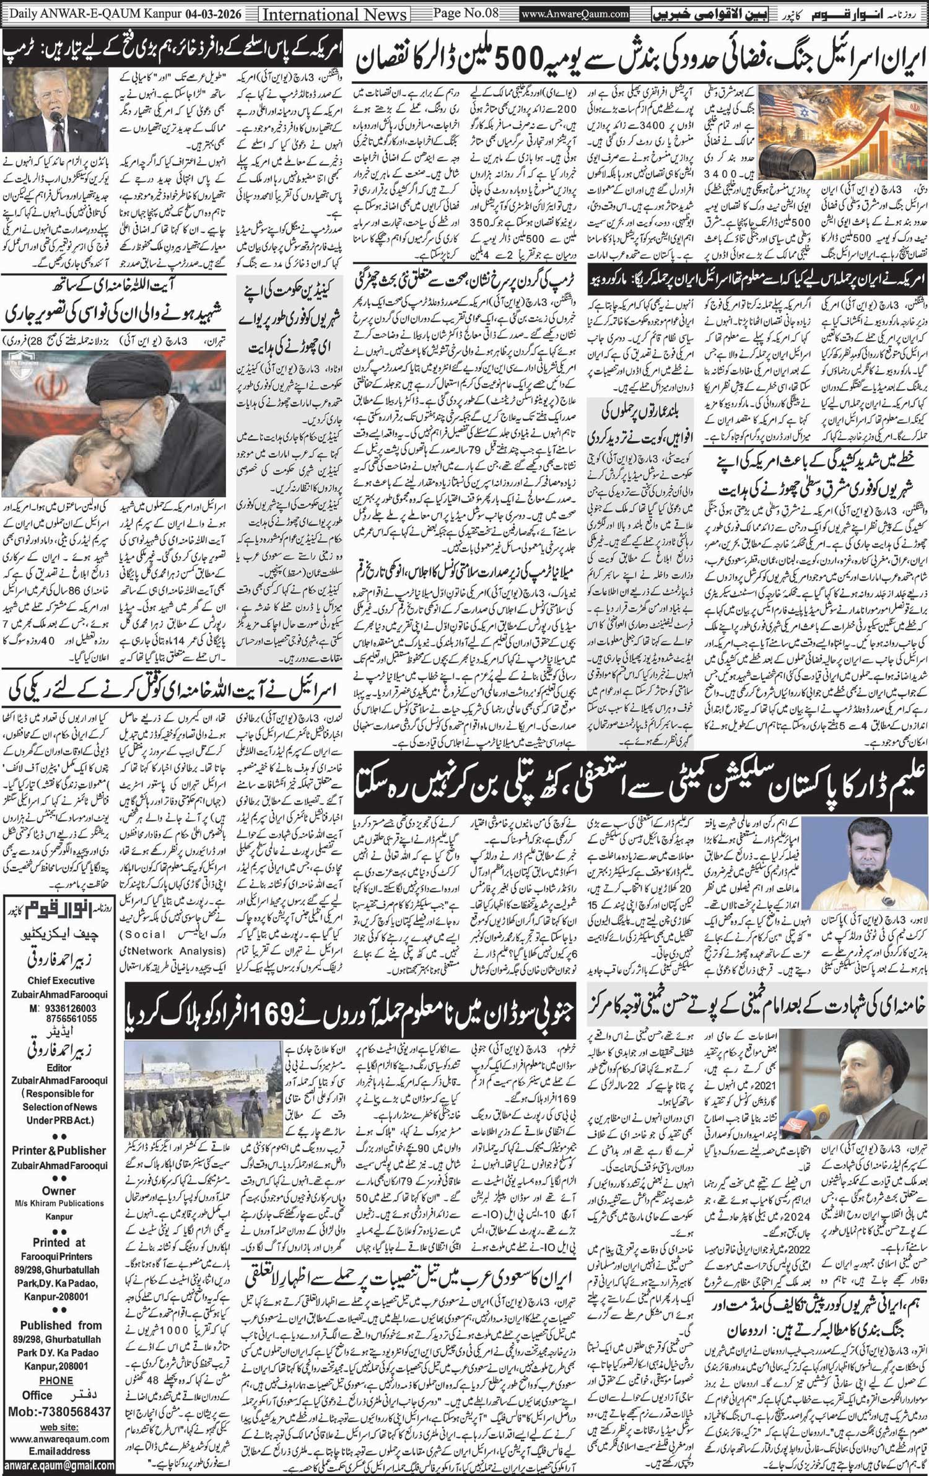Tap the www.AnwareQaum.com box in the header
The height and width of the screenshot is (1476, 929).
[575, 14]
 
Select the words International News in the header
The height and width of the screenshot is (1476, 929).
[335, 14]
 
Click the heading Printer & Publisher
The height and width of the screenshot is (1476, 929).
[59, 1150]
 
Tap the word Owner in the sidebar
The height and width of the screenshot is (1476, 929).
[59, 1190]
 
